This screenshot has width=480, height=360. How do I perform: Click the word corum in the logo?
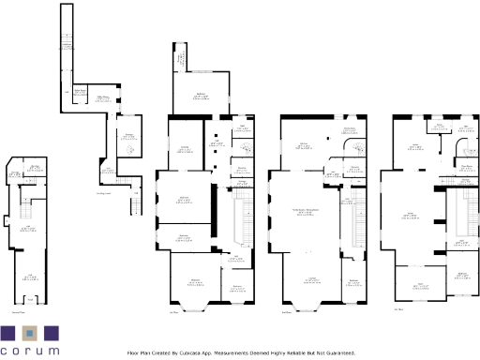pyautogui.click(x=30, y=351)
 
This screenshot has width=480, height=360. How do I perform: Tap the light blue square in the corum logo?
pyautogui.click(x=30, y=333)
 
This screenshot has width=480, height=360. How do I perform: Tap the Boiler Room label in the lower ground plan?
pyautogui.click(x=82, y=91)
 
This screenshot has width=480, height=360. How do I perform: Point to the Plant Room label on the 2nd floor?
pyautogui.click(x=465, y=167)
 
